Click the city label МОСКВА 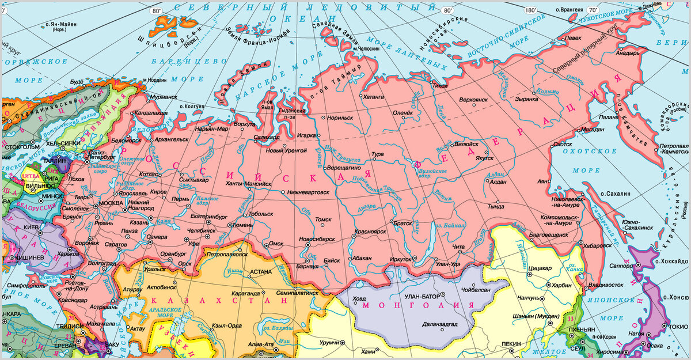tap(111, 204)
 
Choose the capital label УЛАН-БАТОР tap(422, 296)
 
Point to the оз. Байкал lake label tap(450, 226)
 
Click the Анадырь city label tap(628, 53)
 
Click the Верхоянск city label tap(473, 100)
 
